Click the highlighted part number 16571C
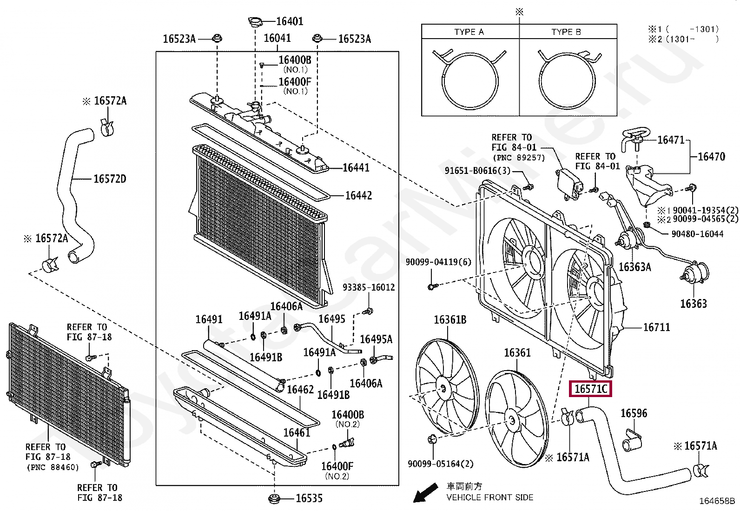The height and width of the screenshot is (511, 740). tap(590, 389)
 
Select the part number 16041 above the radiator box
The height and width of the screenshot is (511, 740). tap(277, 39)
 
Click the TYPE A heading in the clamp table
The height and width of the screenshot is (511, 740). tap(469, 32)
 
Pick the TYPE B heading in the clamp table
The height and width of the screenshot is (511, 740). tap(566, 32)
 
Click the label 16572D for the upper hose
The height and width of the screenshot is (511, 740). tap(110, 179)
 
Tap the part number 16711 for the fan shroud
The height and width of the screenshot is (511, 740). tap(656, 327)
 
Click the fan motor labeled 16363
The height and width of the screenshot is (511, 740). tap(694, 278)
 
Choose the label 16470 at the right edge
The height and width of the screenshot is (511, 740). tap(711, 157)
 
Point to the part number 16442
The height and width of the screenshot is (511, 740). tap(358, 196)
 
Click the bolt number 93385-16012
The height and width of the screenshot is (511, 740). tap(369, 287)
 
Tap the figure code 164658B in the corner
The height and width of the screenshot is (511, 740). tap(717, 501)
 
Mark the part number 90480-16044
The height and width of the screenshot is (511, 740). tap(697, 234)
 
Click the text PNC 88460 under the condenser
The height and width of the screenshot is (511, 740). tap(52, 467)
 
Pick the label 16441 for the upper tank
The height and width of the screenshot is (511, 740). tap(356, 168)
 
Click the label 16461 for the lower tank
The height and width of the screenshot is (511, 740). tap(297, 433)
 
